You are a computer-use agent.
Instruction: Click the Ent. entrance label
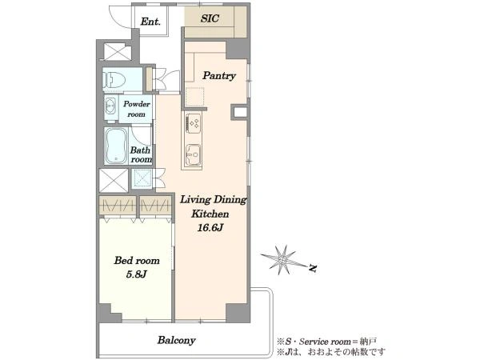pos(150,22)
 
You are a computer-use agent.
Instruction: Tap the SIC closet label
pos(210,18)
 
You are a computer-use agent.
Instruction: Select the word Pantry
pos(219,76)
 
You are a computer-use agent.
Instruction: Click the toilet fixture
pos(114,80)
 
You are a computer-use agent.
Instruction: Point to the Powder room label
pos(136,109)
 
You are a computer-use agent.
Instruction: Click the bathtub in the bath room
pos(116,146)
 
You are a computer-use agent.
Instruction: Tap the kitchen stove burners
pos(194,123)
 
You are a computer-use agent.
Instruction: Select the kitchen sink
pos(194,154)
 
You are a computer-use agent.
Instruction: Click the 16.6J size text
pos(210,228)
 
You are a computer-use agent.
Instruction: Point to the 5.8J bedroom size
pos(137,274)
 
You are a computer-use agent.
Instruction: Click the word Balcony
pos(176,340)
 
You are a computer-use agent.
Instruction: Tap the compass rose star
pos(283,260)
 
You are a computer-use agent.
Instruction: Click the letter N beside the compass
pos(312,268)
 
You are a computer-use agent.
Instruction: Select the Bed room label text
pos(137,261)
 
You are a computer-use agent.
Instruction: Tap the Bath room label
pos(141,155)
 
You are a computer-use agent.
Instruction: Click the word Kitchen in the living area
pos(210,214)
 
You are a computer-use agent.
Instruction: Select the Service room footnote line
pos(326,341)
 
